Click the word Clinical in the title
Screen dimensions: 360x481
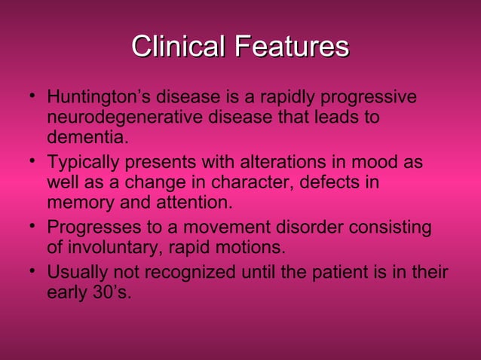click(179, 47)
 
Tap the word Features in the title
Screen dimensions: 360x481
click(293, 47)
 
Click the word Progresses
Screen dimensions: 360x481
click(91, 228)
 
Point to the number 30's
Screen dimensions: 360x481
click(109, 293)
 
